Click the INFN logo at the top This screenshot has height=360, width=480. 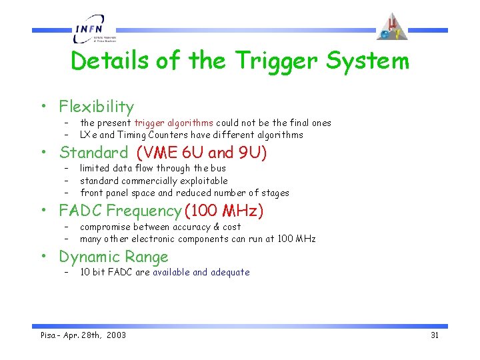[x=93, y=30]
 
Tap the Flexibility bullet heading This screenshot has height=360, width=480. [x=96, y=107]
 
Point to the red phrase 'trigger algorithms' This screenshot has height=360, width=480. [x=174, y=123]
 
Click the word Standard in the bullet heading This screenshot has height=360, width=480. [x=93, y=153]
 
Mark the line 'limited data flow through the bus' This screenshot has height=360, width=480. [x=153, y=169]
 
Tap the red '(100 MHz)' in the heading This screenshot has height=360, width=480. [x=225, y=211]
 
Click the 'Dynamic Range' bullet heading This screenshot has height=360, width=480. [x=113, y=257]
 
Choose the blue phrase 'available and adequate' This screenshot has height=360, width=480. [x=201, y=272]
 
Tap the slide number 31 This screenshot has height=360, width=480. [x=435, y=335]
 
